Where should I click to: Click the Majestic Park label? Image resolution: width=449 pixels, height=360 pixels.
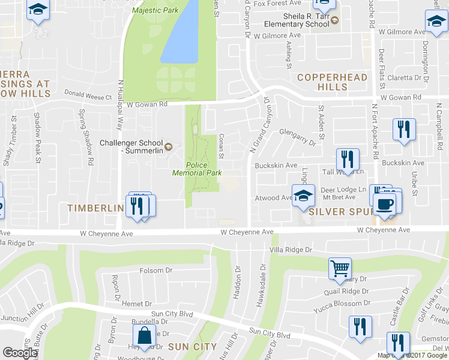[x=155, y=10]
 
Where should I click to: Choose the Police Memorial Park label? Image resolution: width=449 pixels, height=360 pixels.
[x=197, y=169]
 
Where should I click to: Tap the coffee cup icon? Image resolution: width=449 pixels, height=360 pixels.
[x=384, y=203]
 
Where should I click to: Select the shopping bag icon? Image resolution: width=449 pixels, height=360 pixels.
[x=144, y=337]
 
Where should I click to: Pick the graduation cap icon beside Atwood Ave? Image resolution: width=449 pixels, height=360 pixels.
[x=303, y=195]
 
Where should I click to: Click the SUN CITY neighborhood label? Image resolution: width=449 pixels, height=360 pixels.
[x=192, y=346]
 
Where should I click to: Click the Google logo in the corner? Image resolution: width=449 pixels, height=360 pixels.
[x=20, y=353]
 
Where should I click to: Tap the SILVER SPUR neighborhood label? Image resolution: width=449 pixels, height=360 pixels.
[x=336, y=212]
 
